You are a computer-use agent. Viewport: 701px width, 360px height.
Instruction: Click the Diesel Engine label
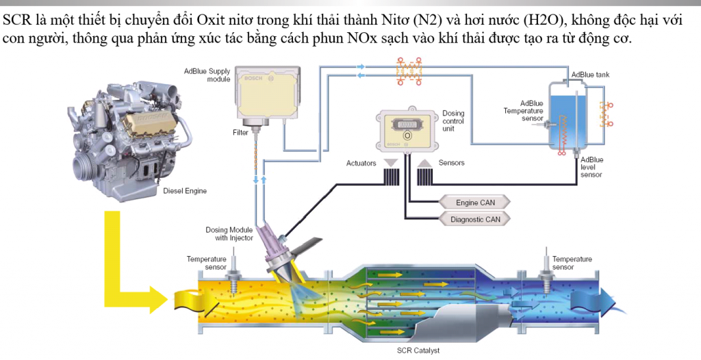(185, 191)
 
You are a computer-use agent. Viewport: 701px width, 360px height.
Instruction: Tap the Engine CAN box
(475, 203)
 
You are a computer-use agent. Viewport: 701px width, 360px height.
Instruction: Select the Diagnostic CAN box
(475, 220)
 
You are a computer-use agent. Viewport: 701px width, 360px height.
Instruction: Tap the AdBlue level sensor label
(591, 167)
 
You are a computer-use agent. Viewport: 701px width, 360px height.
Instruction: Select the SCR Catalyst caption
(418, 350)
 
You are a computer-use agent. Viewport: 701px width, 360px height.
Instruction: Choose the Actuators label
(361, 163)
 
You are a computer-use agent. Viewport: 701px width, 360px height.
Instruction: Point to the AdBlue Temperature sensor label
(524, 111)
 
